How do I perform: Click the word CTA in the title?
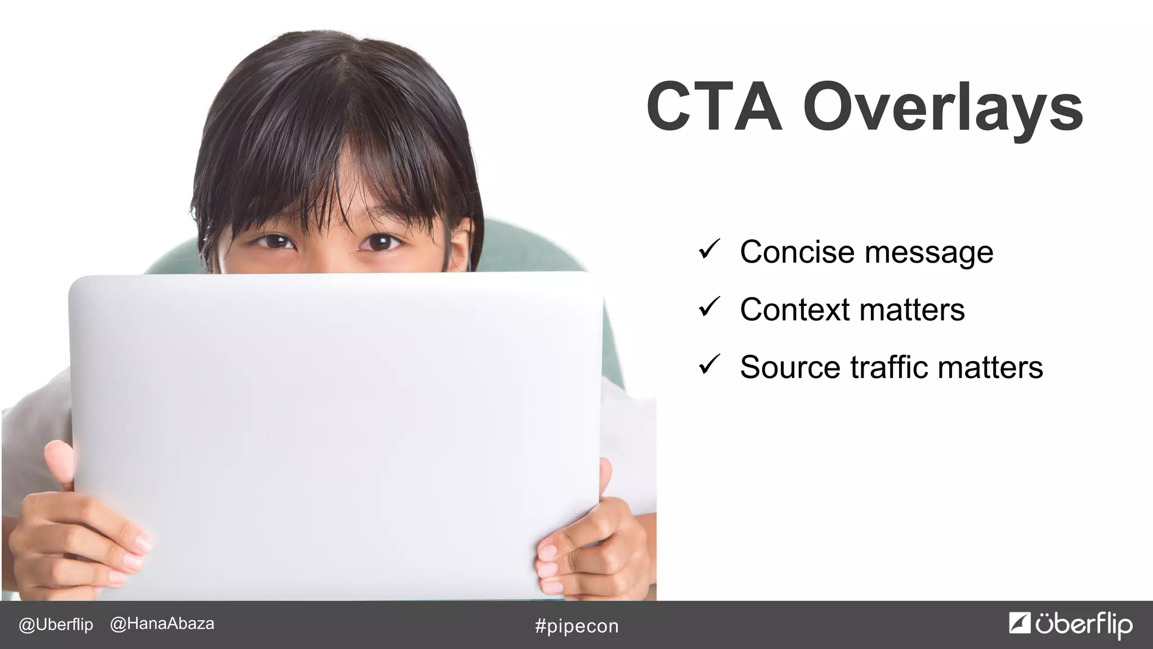click(714, 107)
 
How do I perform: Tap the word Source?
click(790, 367)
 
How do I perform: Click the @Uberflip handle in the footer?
click(56, 625)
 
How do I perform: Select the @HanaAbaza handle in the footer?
click(162, 624)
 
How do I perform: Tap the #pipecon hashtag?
click(576, 626)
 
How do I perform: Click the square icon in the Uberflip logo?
click(1020, 623)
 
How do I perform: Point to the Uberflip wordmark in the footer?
click(1084, 625)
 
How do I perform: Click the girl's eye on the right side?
click(380, 243)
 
